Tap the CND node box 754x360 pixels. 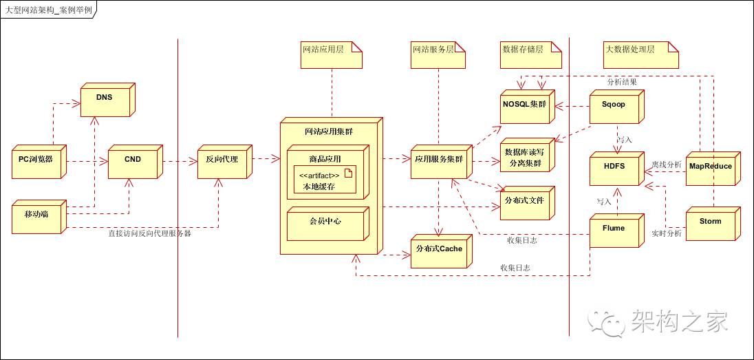[x=133, y=161]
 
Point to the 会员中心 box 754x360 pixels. [x=325, y=222]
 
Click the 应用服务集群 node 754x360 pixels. [x=438, y=161]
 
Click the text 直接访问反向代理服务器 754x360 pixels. [x=149, y=234]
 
